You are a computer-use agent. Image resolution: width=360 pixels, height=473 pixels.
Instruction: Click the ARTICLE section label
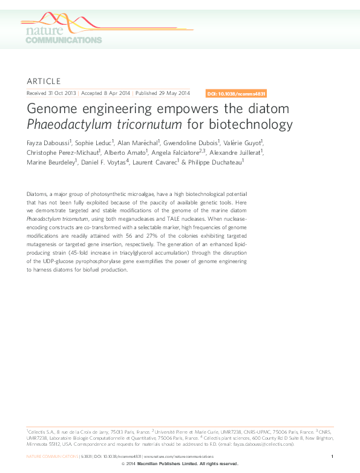tap(44, 81)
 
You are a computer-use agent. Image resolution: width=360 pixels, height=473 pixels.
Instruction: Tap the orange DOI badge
tap(237, 94)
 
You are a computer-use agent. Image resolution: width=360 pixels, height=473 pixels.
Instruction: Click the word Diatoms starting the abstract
tap(38, 193)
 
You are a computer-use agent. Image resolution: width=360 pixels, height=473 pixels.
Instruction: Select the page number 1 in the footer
tap(332, 455)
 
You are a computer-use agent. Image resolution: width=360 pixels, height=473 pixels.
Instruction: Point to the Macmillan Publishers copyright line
tap(180, 463)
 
